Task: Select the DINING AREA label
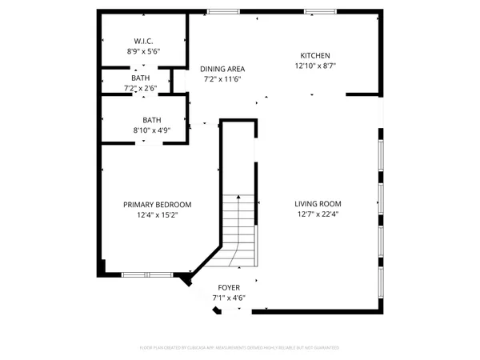[222, 69]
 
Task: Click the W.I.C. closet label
[143, 41]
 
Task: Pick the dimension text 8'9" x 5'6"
[143, 51]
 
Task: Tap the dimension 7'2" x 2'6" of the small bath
[141, 88]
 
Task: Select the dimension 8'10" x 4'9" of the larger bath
[146, 130]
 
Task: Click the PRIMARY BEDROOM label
[157, 205]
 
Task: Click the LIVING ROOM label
[318, 203]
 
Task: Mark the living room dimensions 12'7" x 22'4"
[318, 214]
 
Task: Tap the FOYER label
[229, 286]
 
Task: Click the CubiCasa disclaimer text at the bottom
[239, 348]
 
